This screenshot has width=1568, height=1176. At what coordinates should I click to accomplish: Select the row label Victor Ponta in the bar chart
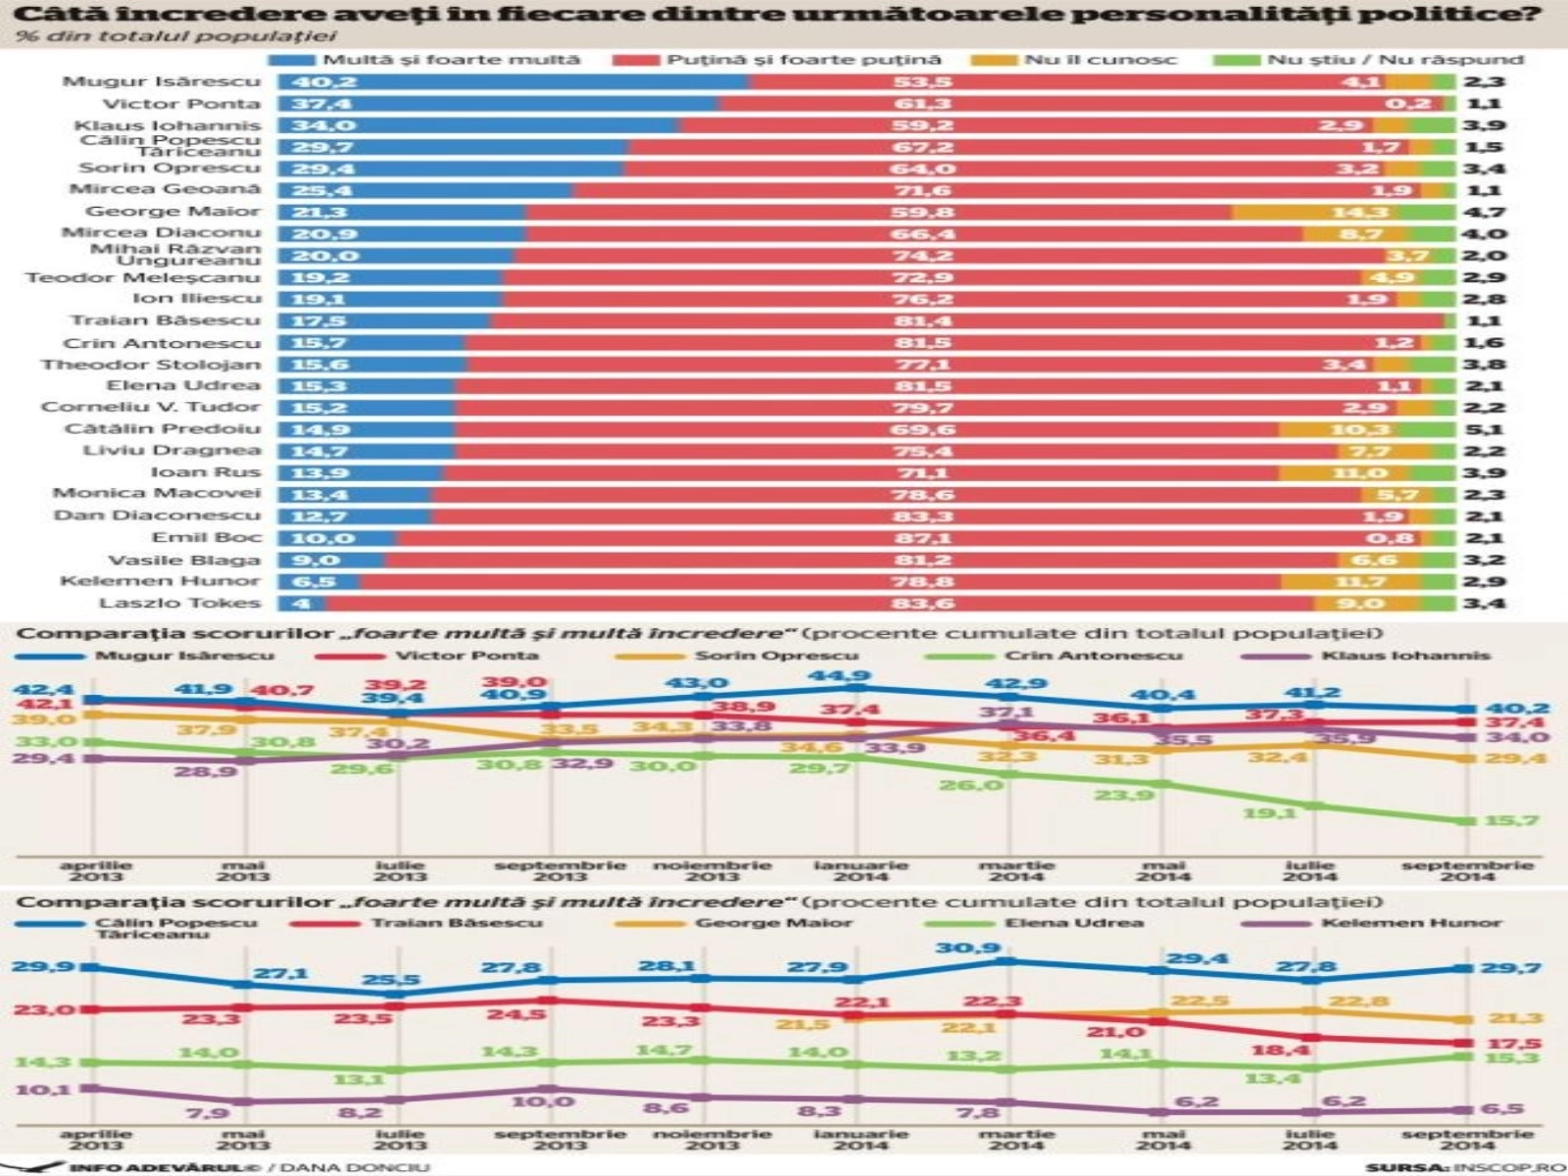(181, 104)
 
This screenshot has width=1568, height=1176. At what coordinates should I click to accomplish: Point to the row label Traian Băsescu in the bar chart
(166, 320)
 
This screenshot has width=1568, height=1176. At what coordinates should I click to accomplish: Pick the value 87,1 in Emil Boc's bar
(922, 538)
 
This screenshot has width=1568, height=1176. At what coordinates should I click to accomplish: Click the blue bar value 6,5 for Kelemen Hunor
(315, 581)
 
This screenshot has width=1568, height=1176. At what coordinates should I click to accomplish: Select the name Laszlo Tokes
(179, 604)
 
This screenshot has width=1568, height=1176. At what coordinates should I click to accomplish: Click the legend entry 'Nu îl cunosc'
(1099, 60)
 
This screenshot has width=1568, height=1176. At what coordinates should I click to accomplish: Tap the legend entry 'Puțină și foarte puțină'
(804, 60)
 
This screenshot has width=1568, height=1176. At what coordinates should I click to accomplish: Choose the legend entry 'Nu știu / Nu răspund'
(1395, 60)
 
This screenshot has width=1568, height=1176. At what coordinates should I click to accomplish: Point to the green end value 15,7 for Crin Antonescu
(1510, 820)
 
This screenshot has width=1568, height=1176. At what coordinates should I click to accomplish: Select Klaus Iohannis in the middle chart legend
(1405, 656)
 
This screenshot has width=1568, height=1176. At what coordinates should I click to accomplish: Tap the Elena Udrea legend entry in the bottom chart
(1073, 923)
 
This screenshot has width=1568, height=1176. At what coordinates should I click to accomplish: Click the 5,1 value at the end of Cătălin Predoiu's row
(1484, 429)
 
